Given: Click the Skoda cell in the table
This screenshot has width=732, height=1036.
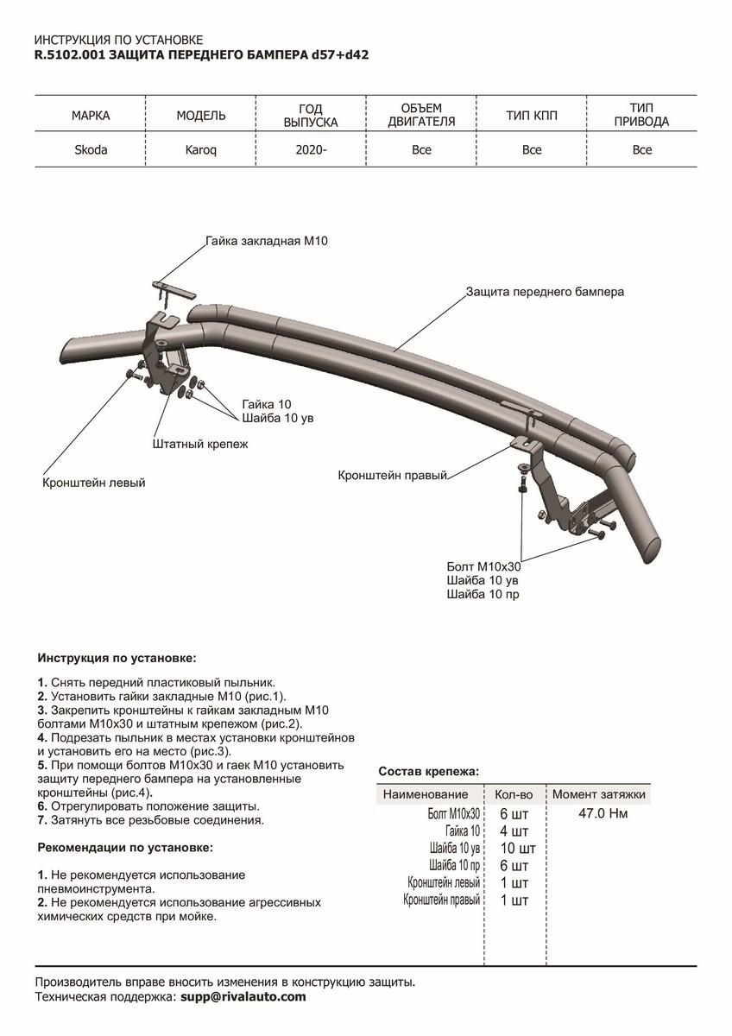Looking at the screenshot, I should (x=91, y=149).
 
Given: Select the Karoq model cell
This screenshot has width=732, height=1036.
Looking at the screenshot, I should (x=201, y=149).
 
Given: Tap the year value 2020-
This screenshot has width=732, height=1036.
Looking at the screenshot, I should (x=311, y=149).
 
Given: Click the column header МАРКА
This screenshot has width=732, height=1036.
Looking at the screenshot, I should (x=91, y=115).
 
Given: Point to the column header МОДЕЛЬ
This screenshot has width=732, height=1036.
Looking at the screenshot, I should (x=201, y=115).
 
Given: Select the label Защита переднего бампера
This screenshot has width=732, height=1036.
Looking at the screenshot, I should (x=545, y=292).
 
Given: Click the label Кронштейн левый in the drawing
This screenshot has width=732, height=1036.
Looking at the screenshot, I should (x=93, y=483).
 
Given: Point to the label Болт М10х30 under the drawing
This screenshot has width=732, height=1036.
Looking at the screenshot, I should (x=483, y=567).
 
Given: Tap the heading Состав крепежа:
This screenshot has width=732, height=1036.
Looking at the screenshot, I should (x=429, y=771).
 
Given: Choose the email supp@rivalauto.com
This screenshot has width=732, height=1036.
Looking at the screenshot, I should (x=243, y=997).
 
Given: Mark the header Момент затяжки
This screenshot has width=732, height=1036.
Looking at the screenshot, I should (x=598, y=794).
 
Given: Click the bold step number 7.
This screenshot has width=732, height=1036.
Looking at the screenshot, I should (x=41, y=820).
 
